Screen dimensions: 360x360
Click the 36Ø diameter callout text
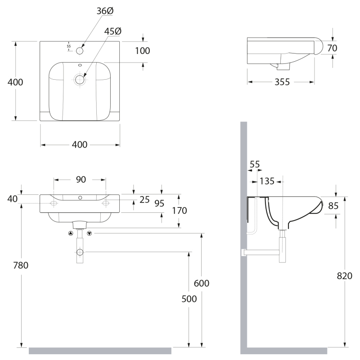pyautogui.click(x=105, y=11)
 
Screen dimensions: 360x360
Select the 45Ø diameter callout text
pyautogui.click(x=113, y=31)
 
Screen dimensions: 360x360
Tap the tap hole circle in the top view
pyautogui.click(x=80, y=51)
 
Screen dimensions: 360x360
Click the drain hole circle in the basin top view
pyautogui.click(x=80, y=80)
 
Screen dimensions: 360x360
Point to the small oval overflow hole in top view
pyautogui.click(x=80, y=65)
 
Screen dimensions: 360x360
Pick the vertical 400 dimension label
pyautogui.click(x=15, y=82)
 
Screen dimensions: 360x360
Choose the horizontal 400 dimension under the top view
pyautogui.click(x=80, y=144)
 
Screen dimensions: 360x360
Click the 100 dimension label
pyautogui.click(x=142, y=51)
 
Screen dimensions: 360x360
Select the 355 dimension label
pyautogui.click(x=282, y=82)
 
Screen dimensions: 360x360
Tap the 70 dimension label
pyautogui.click(x=332, y=48)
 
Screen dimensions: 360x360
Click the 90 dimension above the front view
pyautogui.click(x=81, y=179)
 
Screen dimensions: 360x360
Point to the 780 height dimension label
pyautogui.click(x=21, y=265)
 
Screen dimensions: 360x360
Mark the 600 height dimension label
pyautogui.click(x=201, y=283)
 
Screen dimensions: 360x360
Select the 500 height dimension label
pyautogui.click(x=189, y=299)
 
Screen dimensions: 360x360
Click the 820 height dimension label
pyautogui.click(x=344, y=276)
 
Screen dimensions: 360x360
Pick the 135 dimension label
pyautogui.click(x=267, y=181)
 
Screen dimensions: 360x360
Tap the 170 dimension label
pyautogui.click(x=179, y=210)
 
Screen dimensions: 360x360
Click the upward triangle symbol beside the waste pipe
pyautogui.click(x=71, y=233)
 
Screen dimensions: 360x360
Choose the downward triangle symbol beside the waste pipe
pyautogui.click(x=89, y=233)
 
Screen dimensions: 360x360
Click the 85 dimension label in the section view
pyautogui.click(x=333, y=206)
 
